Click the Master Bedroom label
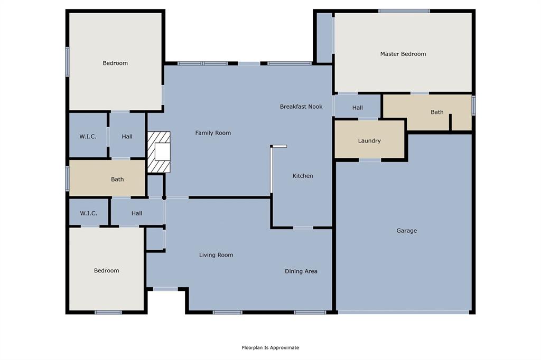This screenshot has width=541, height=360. [x=403, y=54]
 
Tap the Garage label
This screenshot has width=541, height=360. [x=407, y=231]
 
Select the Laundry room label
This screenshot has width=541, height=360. [x=369, y=141]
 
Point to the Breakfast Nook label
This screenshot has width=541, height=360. [x=301, y=107]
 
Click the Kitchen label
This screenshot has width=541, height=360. [x=303, y=176]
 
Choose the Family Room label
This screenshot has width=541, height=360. [x=213, y=133]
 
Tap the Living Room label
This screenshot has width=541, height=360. [x=216, y=255]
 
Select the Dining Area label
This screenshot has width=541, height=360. [x=301, y=271]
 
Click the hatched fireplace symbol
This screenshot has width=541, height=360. [x=159, y=152]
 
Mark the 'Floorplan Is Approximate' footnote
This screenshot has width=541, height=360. [x=270, y=347]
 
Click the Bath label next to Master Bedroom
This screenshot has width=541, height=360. [x=437, y=112]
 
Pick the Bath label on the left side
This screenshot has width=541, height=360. [x=117, y=179]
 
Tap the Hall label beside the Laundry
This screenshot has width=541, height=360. [x=358, y=108]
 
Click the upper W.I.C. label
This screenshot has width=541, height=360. [x=88, y=137]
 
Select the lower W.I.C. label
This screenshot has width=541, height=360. [x=88, y=213]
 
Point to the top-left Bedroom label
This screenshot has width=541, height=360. [x=115, y=63]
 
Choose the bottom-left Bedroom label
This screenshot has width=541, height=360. [x=106, y=271]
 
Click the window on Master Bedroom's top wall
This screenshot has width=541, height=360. [x=404, y=11]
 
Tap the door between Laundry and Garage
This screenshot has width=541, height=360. [x=370, y=159]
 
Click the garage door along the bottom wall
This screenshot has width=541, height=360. [x=404, y=312]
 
